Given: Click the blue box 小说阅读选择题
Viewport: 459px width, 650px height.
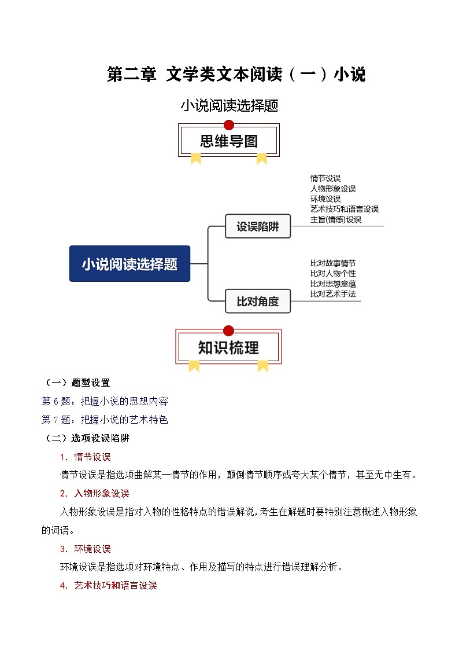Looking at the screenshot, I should point(129,264).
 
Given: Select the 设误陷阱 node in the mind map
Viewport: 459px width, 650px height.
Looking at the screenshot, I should point(257,227).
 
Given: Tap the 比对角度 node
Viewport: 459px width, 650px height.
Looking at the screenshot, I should point(257,301).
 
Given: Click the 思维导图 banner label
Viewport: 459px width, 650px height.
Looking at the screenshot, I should point(229,141).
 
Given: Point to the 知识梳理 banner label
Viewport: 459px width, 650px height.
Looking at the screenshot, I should point(228,347).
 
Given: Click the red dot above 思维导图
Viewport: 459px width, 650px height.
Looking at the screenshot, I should point(229,124).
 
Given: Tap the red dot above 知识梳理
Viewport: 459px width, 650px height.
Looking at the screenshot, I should point(228,330).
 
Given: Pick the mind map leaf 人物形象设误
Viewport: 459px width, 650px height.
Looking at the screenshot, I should point(333,189).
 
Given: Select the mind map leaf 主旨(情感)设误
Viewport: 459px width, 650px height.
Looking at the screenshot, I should point(336,219).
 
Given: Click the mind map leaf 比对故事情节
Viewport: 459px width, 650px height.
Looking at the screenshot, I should point(333,263).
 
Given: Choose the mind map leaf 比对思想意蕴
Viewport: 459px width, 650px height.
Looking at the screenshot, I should point(333,284).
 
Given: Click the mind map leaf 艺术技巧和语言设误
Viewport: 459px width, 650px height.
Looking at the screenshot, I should point(345,209).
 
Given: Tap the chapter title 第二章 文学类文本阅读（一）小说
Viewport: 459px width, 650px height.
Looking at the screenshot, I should point(236,75).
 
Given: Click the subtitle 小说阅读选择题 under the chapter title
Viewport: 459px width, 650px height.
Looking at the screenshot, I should point(229,105).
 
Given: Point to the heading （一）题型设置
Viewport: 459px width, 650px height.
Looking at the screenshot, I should point(77,383).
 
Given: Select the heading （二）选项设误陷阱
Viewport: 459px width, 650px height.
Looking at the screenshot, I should point(87,438).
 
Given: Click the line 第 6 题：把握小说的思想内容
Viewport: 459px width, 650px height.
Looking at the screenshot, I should point(105,401).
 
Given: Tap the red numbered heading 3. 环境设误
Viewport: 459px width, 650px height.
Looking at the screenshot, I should point(86,549).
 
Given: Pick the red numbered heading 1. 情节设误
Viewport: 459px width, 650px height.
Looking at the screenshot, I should point(86,457).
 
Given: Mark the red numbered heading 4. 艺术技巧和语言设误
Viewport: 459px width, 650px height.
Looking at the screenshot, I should point(109,585).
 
